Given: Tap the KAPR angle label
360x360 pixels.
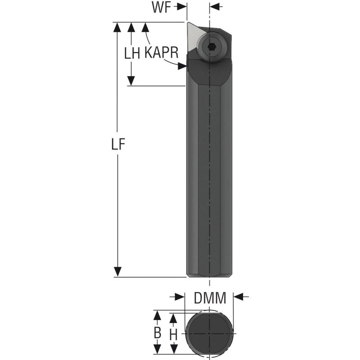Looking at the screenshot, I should tap(162, 53).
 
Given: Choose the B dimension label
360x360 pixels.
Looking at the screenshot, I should tap(157, 333).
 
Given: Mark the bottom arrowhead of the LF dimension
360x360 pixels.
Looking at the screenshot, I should tap(118, 272).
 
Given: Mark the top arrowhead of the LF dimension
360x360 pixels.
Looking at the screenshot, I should tap(118, 27).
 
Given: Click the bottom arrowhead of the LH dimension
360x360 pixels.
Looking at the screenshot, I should tap(131, 81).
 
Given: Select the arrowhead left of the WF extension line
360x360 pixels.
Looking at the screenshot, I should tap(181, 7).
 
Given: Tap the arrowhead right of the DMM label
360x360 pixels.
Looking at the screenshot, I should tap(238, 297).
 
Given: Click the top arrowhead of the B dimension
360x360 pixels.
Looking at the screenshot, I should tap(157, 316).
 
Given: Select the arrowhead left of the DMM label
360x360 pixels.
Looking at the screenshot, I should tap(180, 297).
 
